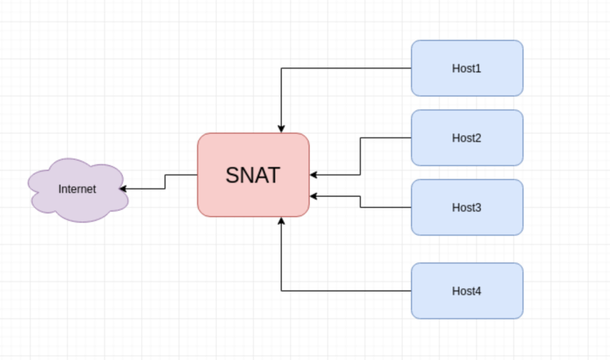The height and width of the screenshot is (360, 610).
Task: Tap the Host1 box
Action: click(467, 68)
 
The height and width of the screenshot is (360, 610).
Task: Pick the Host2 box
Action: click(467, 138)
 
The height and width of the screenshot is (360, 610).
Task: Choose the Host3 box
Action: click(467, 208)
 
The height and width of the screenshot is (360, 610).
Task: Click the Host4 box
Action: click(467, 291)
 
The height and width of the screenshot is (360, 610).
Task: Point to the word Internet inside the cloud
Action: click(77, 189)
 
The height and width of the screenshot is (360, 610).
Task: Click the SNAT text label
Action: click(253, 175)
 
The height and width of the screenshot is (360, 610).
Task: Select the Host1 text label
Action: click(467, 69)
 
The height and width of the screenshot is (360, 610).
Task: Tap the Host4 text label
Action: click(467, 292)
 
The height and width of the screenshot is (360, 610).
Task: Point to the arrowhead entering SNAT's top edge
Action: click(281, 128)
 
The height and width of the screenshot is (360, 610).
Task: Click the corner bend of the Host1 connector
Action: click(281, 68)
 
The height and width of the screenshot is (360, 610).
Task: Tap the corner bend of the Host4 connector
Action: click(281, 291)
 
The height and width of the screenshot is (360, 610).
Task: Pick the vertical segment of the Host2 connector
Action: click(360, 156)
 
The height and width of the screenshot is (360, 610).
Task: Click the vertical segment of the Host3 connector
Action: click(360, 202)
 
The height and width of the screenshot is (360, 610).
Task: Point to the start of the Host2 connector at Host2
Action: click(410, 138)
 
